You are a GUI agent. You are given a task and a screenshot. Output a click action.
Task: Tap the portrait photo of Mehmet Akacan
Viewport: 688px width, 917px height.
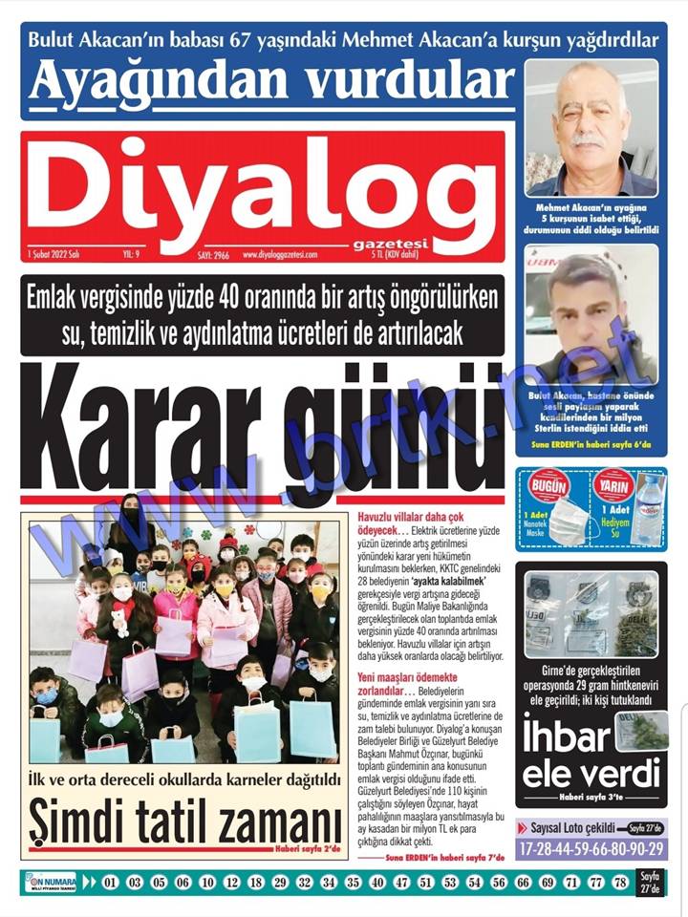(591, 127)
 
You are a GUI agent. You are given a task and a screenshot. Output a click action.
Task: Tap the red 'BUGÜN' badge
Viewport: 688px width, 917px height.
(548, 486)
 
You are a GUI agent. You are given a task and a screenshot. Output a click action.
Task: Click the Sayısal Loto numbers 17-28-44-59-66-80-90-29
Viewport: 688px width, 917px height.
(591, 847)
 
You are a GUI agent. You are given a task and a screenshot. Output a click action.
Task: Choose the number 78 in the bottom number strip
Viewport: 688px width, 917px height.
(620, 882)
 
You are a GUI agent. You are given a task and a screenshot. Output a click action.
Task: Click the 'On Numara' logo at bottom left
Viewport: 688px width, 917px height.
(49, 882)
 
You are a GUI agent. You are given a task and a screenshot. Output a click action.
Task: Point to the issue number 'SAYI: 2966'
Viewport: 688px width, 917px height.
(204, 255)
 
